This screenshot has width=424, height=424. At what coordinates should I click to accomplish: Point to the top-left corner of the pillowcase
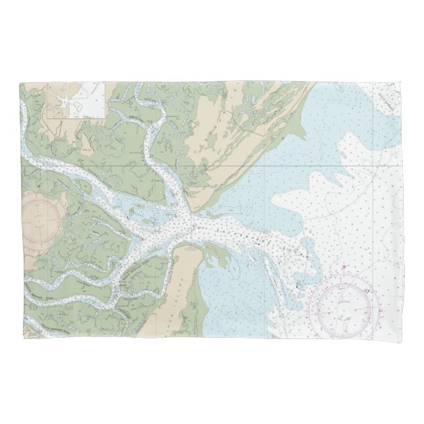coord(20,82)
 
